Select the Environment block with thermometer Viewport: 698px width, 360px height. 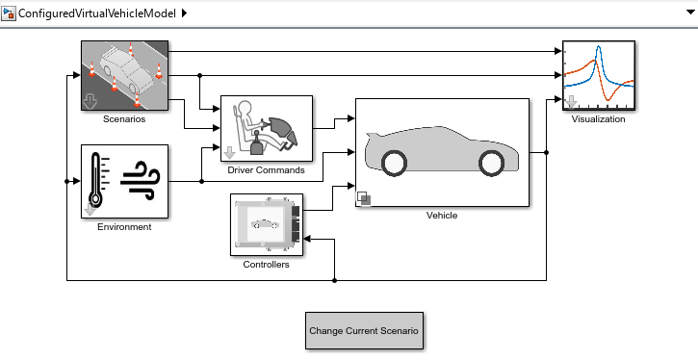[x=124, y=182]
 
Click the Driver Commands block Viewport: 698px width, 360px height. [x=267, y=128]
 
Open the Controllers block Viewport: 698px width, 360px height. [x=267, y=224]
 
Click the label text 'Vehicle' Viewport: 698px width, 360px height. [x=442, y=216]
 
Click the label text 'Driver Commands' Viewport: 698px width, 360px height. [x=267, y=170]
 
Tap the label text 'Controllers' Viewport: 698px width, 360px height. [x=267, y=265]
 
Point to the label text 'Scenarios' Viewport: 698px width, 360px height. [x=124, y=120]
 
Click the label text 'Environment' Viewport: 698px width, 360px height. [x=124, y=227]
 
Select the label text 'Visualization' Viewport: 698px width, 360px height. [x=598, y=120]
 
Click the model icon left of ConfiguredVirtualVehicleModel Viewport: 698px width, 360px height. [x=11, y=13]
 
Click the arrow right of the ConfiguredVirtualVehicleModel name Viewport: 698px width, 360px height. [x=184, y=13]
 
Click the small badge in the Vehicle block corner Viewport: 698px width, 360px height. [x=364, y=199]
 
